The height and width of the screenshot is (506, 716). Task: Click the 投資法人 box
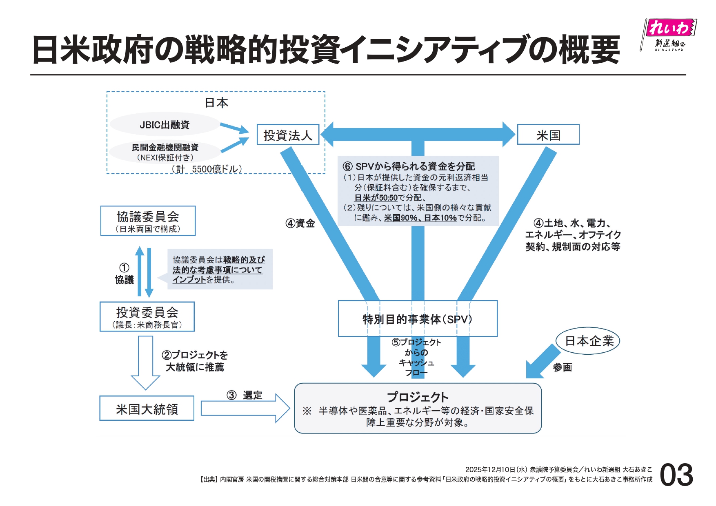point(288,135)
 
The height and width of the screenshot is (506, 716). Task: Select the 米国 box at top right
point(548,135)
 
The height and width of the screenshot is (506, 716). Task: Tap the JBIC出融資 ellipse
point(165,125)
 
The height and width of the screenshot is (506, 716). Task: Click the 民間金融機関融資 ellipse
point(165,152)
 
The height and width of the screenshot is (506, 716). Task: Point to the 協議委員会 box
point(148,221)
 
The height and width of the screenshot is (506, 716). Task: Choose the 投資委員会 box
point(147,317)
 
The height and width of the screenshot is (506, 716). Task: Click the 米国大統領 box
point(147,409)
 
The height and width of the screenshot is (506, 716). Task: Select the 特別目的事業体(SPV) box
point(417,319)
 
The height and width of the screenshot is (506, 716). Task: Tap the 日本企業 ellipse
point(588,341)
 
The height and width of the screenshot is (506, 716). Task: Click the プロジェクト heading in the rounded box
point(418,397)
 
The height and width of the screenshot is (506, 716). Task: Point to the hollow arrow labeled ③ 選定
point(245,408)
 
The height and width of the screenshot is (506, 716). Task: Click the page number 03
point(676,475)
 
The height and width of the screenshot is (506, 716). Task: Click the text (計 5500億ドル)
point(207,169)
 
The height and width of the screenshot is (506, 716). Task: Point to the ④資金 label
point(300,223)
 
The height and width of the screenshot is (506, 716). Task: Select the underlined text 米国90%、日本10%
point(420,218)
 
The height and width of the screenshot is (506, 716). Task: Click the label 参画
point(562,367)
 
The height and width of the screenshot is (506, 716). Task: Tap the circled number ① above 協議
point(124,268)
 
